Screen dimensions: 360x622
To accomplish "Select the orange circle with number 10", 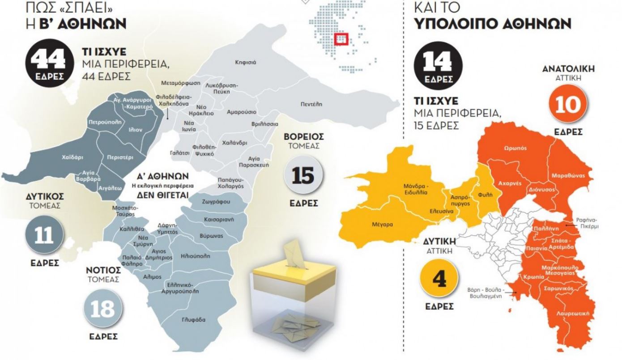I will pyautogui.click(x=568, y=105).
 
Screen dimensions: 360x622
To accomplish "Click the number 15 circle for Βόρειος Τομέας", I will pyautogui.click(x=303, y=175).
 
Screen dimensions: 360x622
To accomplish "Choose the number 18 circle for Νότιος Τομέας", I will pyautogui.click(x=102, y=309).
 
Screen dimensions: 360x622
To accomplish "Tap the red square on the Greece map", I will pyautogui.click(x=341, y=39).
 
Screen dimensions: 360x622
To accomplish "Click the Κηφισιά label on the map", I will pyautogui.click(x=245, y=62).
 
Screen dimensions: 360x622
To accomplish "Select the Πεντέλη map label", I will pyautogui.click(x=311, y=104).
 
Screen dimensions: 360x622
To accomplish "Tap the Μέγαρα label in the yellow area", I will pyautogui.click(x=382, y=224).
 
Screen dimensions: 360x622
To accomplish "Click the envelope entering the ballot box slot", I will pyautogui.click(x=293, y=253).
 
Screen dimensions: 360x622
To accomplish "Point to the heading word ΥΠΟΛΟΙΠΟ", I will pyautogui.click(x=461, y=23).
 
